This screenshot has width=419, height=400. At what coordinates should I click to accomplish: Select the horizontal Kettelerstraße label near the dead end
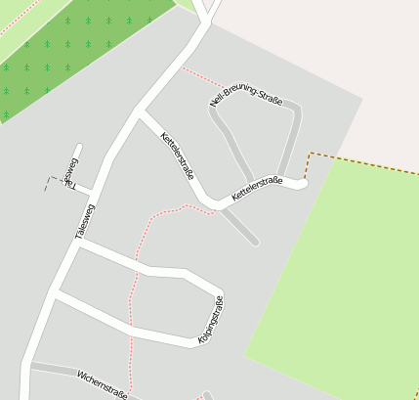click(257, 189)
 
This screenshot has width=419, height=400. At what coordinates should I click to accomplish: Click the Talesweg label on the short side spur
click(70, 171)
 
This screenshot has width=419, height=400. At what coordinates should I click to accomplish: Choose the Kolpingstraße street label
click(211, 319)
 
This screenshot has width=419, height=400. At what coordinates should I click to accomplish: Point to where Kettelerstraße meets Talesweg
click(139, 114)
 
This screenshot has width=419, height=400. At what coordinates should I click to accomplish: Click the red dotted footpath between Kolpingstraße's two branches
click(131, 303)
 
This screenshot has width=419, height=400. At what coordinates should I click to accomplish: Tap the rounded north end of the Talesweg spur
click(78, 150)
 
